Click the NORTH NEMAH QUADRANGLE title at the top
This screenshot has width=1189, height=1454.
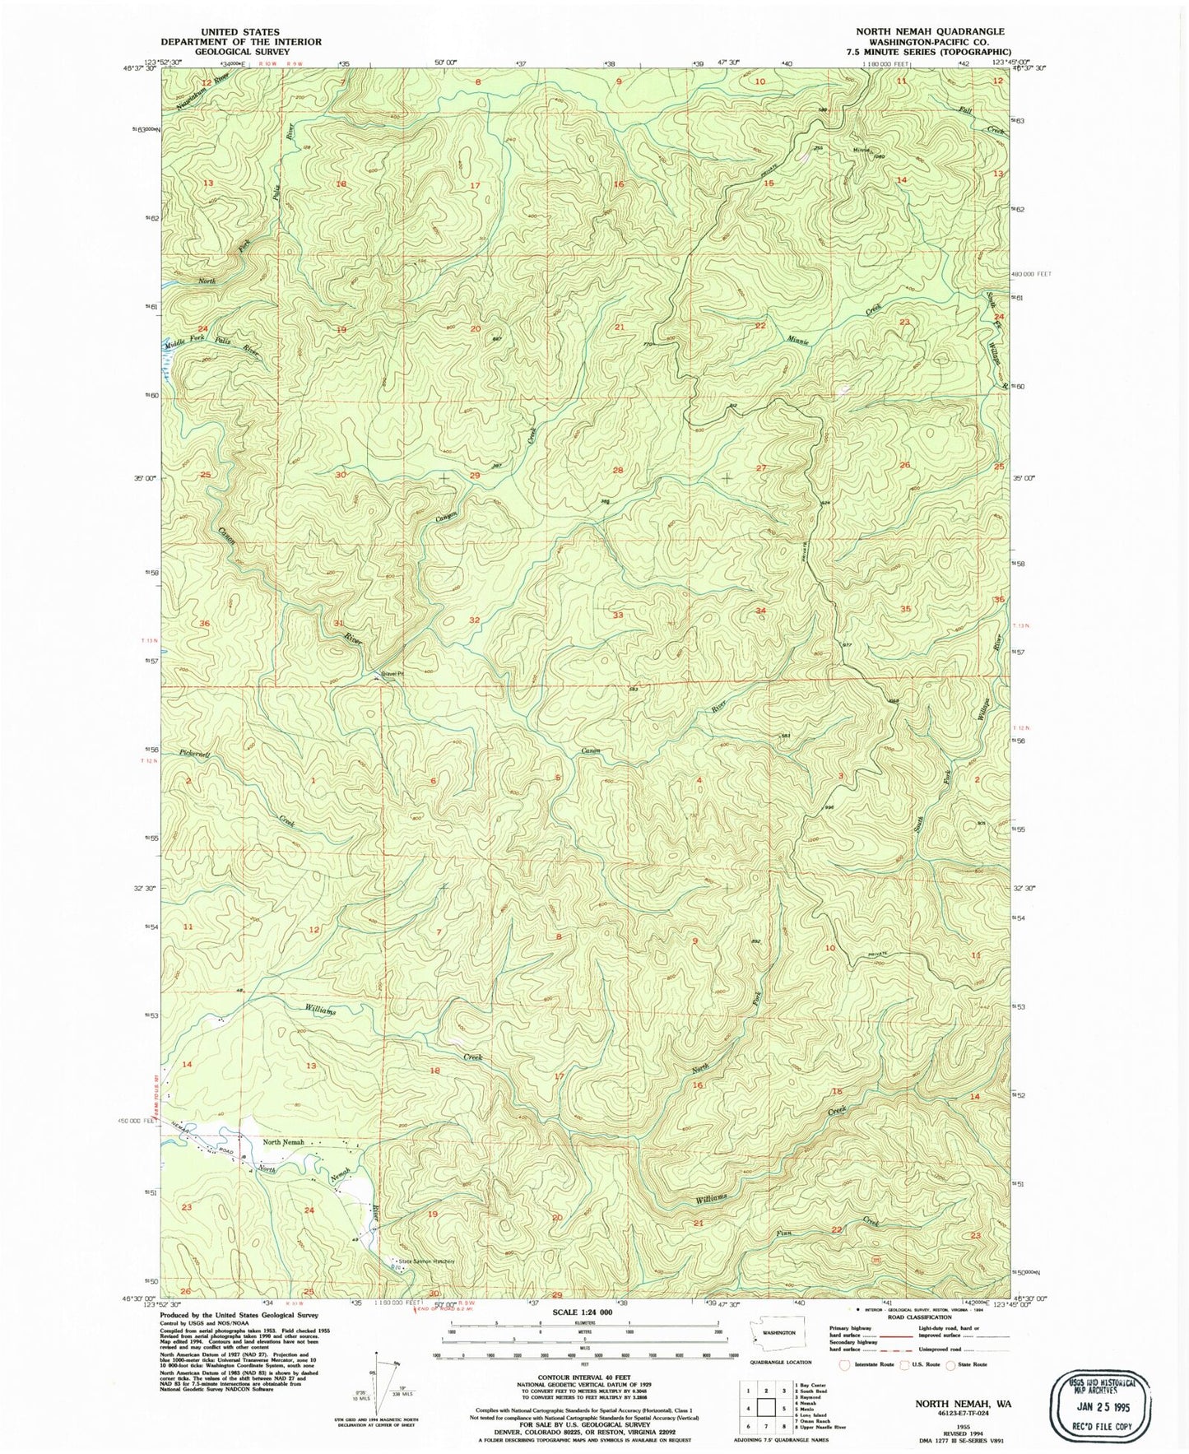(930, 31)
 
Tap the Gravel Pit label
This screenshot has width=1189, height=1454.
(392, 674)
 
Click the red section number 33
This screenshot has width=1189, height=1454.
(618, 615)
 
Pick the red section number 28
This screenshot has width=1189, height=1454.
(618, 470)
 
